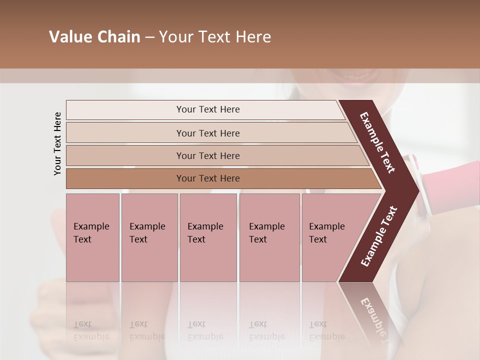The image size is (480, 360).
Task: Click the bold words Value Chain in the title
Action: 94,37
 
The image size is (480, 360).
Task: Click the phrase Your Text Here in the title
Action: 215,37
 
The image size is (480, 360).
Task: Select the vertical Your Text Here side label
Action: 57,143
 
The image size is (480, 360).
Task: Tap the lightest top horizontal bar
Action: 207,109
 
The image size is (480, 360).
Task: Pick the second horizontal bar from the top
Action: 207,133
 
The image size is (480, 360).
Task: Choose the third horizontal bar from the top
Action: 207,155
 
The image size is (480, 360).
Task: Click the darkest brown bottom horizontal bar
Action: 207,178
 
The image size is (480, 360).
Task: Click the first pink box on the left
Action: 92,237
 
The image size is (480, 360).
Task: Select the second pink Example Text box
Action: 149,237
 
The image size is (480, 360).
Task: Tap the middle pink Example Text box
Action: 208,237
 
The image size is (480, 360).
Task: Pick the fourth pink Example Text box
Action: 269,237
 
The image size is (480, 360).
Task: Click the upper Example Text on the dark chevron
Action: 377,142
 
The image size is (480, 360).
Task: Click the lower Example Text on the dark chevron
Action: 379,236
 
